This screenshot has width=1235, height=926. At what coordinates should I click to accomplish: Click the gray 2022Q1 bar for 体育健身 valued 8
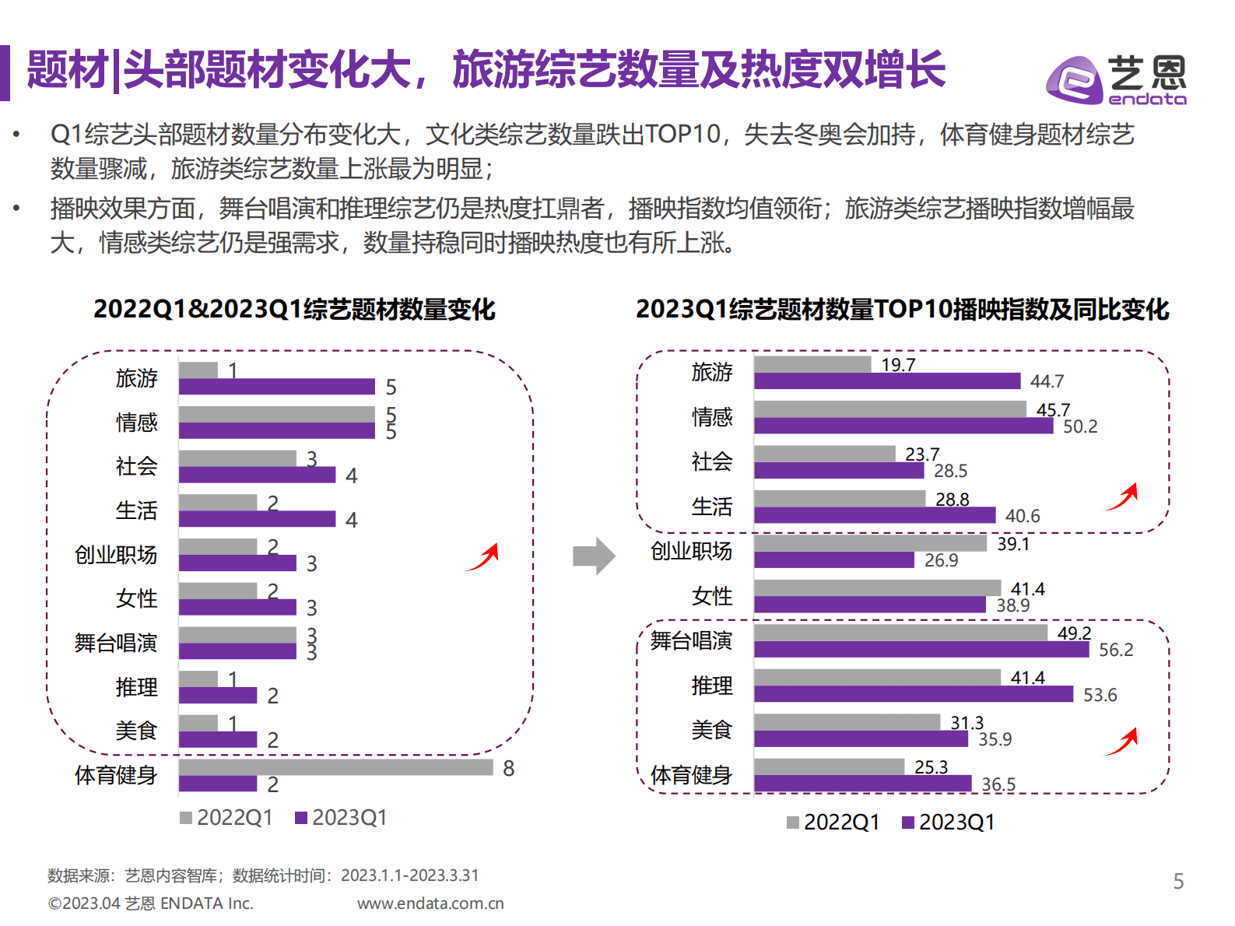pos(335,767)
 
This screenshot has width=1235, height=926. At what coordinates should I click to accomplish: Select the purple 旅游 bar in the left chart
pos(276,387)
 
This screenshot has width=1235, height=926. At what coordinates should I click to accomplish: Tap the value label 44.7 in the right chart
pos(1047,381)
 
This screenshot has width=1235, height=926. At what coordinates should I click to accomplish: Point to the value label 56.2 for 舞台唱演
pos(1115,650)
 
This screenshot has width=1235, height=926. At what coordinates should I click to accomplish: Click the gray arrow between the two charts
pos(594,556)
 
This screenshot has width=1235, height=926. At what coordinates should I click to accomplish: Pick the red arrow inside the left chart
pos(482,557)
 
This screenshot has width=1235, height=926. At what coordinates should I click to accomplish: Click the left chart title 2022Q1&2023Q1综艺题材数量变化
pos(294,309)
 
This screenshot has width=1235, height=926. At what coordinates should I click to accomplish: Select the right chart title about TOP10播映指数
pos(902,309)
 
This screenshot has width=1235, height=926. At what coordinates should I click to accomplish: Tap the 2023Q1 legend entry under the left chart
pos(341,817)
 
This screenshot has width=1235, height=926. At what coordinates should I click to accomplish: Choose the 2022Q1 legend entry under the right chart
pos(833,822)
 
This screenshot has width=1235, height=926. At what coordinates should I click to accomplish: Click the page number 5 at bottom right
pos(1178,881)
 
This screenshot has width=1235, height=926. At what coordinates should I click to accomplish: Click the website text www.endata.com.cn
pos(430,903)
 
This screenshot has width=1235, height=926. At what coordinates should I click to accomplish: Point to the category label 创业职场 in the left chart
pos(116,555)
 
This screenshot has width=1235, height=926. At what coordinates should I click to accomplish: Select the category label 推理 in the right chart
pos(711,686)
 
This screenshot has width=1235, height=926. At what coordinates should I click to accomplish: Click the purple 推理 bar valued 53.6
pos(913,694)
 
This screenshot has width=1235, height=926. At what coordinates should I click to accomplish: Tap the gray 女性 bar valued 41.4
pos(877,588)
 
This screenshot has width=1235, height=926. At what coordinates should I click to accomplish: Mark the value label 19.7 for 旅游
pos(897,365)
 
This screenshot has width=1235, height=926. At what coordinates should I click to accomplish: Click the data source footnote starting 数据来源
pos(263,875)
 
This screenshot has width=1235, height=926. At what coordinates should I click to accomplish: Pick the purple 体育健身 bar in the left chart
pos(218,784)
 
